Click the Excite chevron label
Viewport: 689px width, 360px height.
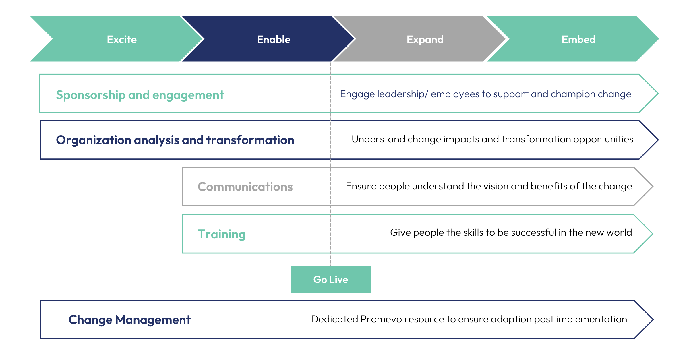[122, 39]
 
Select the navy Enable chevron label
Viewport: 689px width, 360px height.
[274, 39]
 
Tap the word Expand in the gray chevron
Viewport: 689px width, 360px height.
[425, 39]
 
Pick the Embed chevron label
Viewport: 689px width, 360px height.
[578, 39]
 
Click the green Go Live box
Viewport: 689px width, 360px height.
[330, 279]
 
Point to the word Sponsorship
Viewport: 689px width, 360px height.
[91, 95]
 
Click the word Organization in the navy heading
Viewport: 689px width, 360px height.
[93, 140]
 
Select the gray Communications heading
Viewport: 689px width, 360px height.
[245, 187]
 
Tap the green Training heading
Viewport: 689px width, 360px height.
[221, 234]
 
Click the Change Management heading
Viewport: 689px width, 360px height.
[129, 320]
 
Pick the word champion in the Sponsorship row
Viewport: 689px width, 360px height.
[569, 94]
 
